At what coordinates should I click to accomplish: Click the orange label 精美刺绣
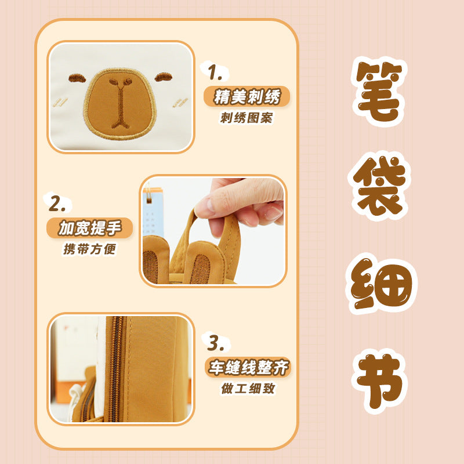246,96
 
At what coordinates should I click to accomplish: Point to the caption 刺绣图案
246,118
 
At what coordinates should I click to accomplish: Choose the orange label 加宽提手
90,228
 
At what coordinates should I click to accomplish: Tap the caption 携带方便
90,250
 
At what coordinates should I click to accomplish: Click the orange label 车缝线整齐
248,367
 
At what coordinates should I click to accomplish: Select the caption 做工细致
248,388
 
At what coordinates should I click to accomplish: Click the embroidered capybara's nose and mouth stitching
120,101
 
